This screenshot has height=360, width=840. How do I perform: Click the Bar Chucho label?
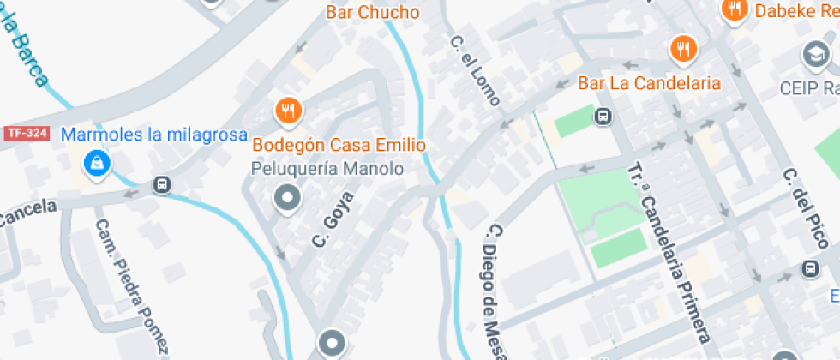[x=373, y=12]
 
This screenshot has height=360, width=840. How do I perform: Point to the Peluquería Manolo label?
[x=327, y=168]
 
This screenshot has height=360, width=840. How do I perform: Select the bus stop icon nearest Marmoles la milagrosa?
[x=161, y=184]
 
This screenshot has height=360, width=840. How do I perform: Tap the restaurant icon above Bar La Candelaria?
[x=681, y=50]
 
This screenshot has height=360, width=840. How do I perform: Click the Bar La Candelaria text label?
[x=649, y=83]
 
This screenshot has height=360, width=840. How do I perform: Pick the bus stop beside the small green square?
[x=603, y=116]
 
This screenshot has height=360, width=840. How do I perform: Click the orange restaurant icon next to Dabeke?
[x=734, y=10]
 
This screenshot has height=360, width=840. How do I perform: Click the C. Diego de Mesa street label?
[x=501, y=292]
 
